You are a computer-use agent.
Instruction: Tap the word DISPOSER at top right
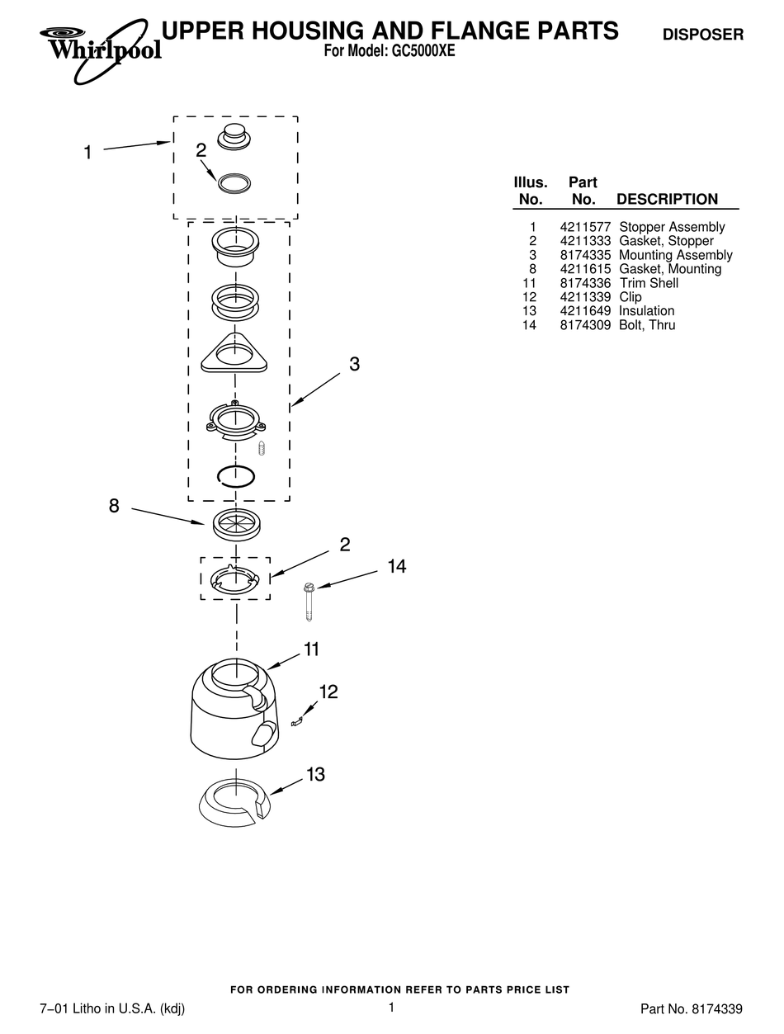click(703, 35)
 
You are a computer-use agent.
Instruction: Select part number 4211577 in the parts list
click(584, 227)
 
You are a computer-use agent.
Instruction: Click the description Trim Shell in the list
click(649, 283)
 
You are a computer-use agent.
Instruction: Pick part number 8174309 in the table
click(584, 325)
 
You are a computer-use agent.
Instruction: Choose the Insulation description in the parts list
click(646, 311)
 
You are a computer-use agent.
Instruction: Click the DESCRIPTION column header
click(667, 199)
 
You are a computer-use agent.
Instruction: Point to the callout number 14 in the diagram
click(396, 566)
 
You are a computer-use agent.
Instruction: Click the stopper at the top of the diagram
click(234, 136)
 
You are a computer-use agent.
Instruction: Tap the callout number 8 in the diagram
click(114, 507)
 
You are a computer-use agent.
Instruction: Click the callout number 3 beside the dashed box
click(354, 364)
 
